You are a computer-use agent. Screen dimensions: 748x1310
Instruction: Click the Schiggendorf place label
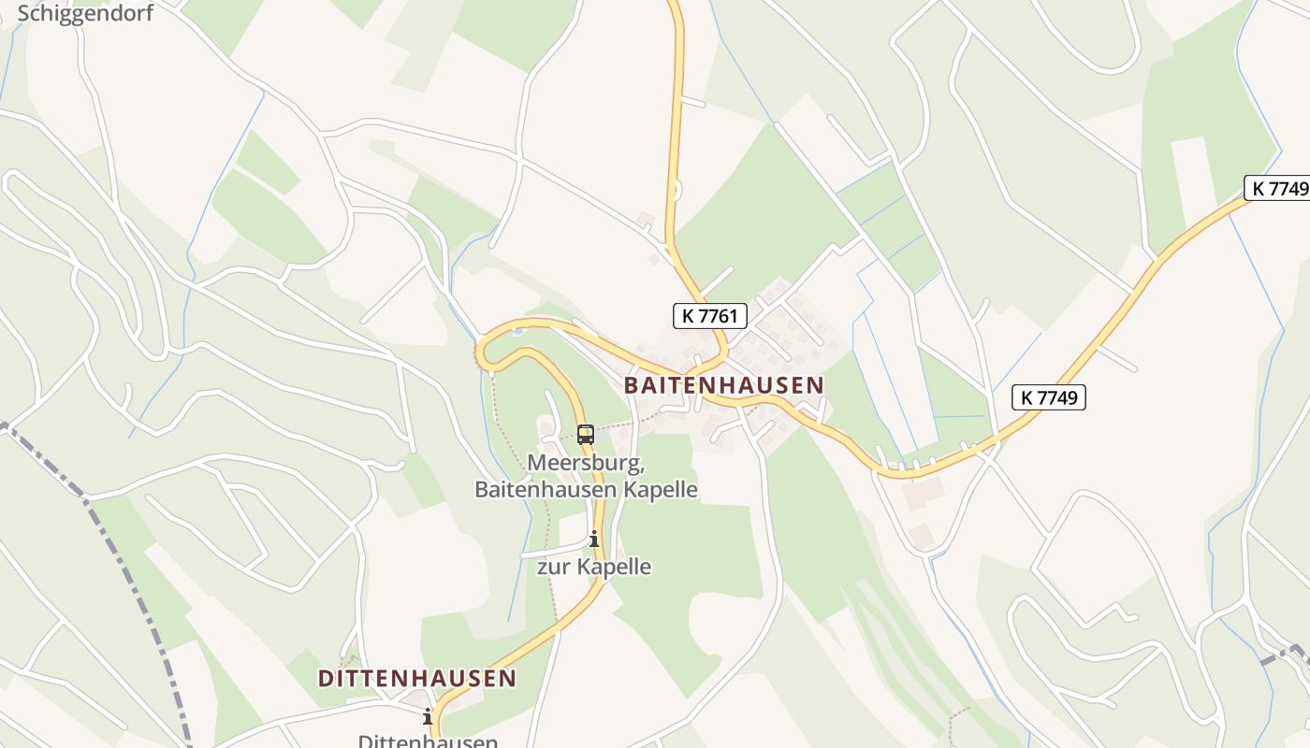pos(85,13)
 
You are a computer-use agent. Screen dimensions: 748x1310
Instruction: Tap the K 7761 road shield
pos(710,316)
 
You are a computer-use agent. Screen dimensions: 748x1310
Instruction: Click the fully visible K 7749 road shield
pos(1049,397)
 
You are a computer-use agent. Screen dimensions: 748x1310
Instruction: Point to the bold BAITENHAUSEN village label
pos(724,385)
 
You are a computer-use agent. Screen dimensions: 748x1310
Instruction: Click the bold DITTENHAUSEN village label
pos(417,679)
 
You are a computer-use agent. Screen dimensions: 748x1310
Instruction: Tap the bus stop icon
pos(586,434)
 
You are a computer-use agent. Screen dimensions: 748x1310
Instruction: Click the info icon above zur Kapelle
pos(593,539)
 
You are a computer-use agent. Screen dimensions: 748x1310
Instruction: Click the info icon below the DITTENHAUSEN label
pos(428,717)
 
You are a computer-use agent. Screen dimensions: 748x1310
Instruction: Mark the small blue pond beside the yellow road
pos(517,329)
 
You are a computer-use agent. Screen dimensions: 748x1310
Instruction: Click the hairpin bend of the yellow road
pos(481,352)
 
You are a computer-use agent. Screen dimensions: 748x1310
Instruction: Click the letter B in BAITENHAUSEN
pos(632,385)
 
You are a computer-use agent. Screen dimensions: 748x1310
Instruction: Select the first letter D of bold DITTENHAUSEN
pos(326,679)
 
